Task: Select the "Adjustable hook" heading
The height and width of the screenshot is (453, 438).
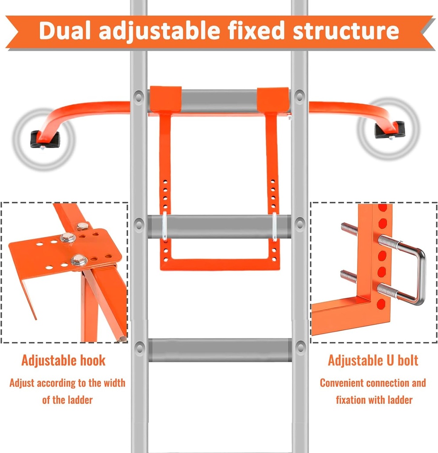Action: pyautogui.click(x=63, y=360)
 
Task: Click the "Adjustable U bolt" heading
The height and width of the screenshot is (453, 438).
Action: pyautogui.click(x=373, y=360)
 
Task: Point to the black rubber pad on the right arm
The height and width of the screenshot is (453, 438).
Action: pyautogui.click(x=389, y=130)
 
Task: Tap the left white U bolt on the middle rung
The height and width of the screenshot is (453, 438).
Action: pyautogui.click(x=165, y=226)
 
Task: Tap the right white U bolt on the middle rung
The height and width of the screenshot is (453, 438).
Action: pyautogui.click(x=274, y=226)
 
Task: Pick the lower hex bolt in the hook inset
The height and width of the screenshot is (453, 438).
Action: pyautogui.click(x=78, y=260)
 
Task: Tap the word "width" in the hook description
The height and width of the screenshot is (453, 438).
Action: pyautogui.click(x=114, y=383)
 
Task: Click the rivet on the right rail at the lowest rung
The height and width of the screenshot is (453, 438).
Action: pyautogui.click(x=300, y=347)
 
